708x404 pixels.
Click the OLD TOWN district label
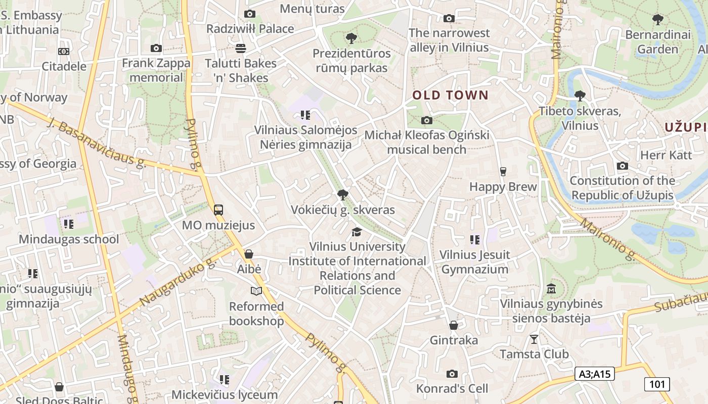pyautogui.click(x=451, y=95)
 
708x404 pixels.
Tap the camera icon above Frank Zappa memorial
pyautogui.click(x=156, y=48)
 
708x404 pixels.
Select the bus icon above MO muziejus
pyautogui.click(x=218, y=210)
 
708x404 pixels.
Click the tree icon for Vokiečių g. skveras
pyautogui.click(x=342, y=194)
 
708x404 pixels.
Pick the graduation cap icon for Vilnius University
pyautogui.click(x=357, y=232)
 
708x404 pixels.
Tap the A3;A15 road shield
pyautogui.click(x=595, y=374)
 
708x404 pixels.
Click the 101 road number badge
pyautogui.click(x=657, y=384)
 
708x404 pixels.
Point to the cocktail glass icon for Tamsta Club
pyautogui.click(x=534, y=339)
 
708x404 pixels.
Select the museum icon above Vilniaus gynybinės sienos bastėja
pyautogui.click(x=551, y=289)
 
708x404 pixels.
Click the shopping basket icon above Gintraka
pyautogui.click(x=454, y=325)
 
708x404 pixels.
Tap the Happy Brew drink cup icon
pyautogui.click(x=503, y=172)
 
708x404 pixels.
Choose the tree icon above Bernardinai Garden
pyautogui.click(x=657, y=20)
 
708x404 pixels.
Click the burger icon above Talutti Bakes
pyautogui.click(x=241, y=48)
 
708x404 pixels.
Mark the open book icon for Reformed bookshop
pyautogui.click(x=256, y=291)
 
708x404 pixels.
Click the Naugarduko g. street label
pyautogui.click(x=178, y=283)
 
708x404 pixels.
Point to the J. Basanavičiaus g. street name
pyautogui.click(x=97, y=142)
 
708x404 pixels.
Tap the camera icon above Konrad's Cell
pyautogui.click(x=452, y=374)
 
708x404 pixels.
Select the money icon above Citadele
pyautogui.click(x=64, y=52)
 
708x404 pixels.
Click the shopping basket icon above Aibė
pyautogui.click(x=249, y=254)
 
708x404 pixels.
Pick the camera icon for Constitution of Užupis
pyautogui.click(x=623, y=166)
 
